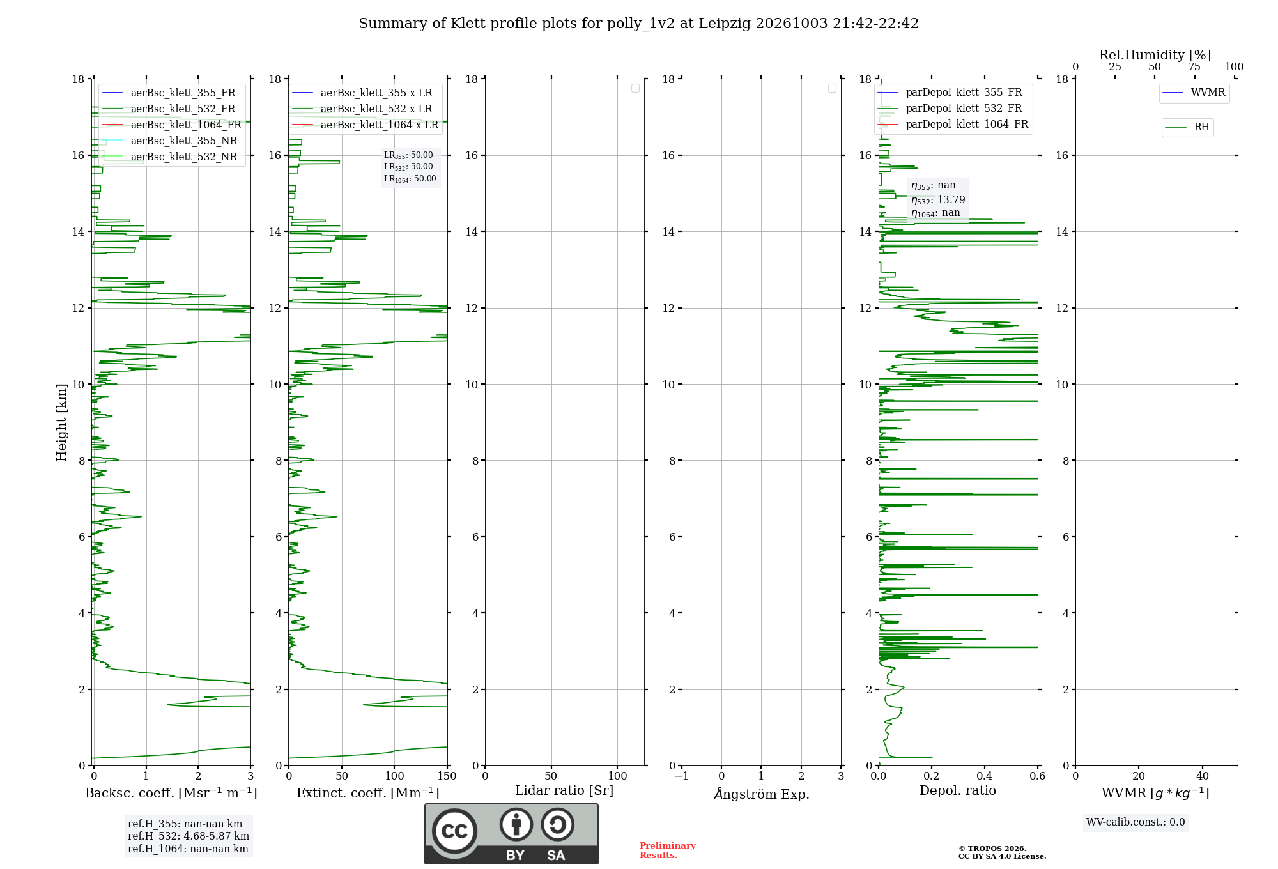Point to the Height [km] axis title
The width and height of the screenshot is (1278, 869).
pos(61,422)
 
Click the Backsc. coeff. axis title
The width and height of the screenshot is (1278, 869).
pos(171,793)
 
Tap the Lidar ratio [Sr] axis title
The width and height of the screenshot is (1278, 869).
pos(564,791)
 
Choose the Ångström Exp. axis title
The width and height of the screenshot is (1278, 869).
pos(762,794)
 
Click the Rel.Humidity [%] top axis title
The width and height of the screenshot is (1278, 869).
pos(1155,55)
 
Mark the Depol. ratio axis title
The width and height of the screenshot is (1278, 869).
pos(958,790)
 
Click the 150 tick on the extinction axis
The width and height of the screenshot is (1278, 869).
pos(447,776)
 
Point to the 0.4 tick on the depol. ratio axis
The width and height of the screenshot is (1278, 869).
pos(985,776)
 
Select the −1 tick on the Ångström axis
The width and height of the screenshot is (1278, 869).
pos(681,776)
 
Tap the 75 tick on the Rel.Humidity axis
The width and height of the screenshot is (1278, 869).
pos(1194,66)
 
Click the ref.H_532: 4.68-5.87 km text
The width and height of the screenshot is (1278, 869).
pos(189,836)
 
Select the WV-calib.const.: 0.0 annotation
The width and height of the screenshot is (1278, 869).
pos(1136,822)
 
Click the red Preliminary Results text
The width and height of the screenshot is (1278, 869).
pos(668,850)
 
